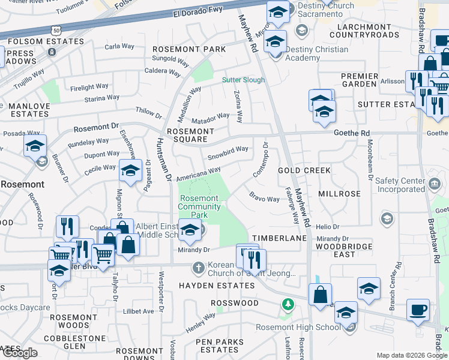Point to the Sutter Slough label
tap(243, 80)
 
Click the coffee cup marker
tap(418, 310)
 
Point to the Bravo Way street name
tap(265, 198)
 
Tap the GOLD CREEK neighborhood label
tap(304, 170)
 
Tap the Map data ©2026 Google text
tap(411, 355)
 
